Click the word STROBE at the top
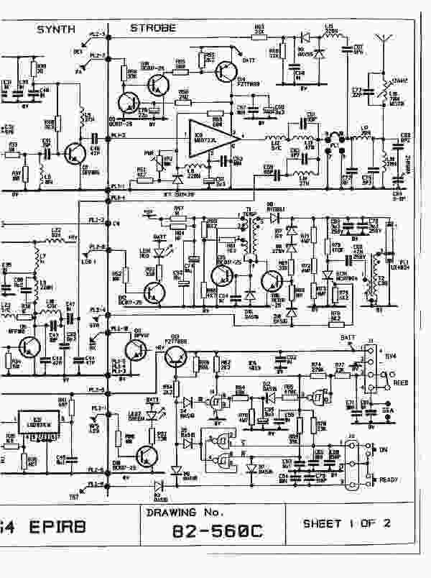click(152, 28)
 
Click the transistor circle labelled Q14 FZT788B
click(230, 70)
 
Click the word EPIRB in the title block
click(58, 526)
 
